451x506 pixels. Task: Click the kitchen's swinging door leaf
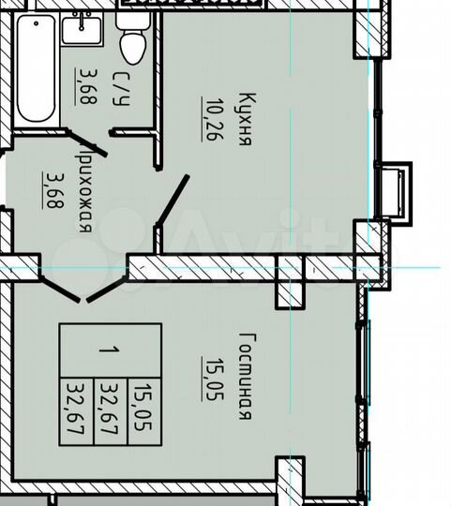coord(173,205)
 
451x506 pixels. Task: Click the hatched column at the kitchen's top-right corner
coord(367,29)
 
